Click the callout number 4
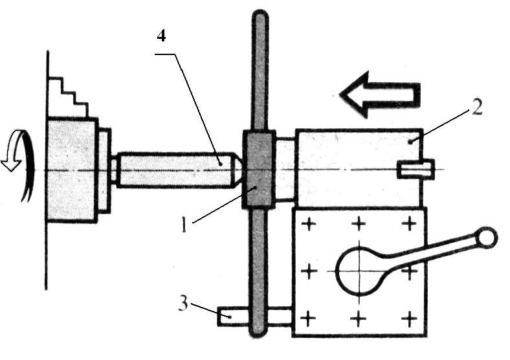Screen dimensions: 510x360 click(161, 36)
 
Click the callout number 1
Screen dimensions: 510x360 click(184, 225)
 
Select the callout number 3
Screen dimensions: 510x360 click(183, 304)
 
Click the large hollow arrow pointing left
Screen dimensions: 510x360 click(380, 95)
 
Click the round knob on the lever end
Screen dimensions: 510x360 click(486, 236)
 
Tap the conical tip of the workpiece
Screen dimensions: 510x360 click(238, 169)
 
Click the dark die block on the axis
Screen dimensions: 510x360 click(259, 169)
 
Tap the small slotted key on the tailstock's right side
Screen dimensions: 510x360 click(416, 169)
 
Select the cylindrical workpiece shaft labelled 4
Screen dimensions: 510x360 click(175, 169)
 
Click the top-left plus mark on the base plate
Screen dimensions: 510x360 click(309, 224)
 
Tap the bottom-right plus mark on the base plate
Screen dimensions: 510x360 click(410, 319)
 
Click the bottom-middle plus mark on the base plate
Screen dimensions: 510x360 click(359, 319)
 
